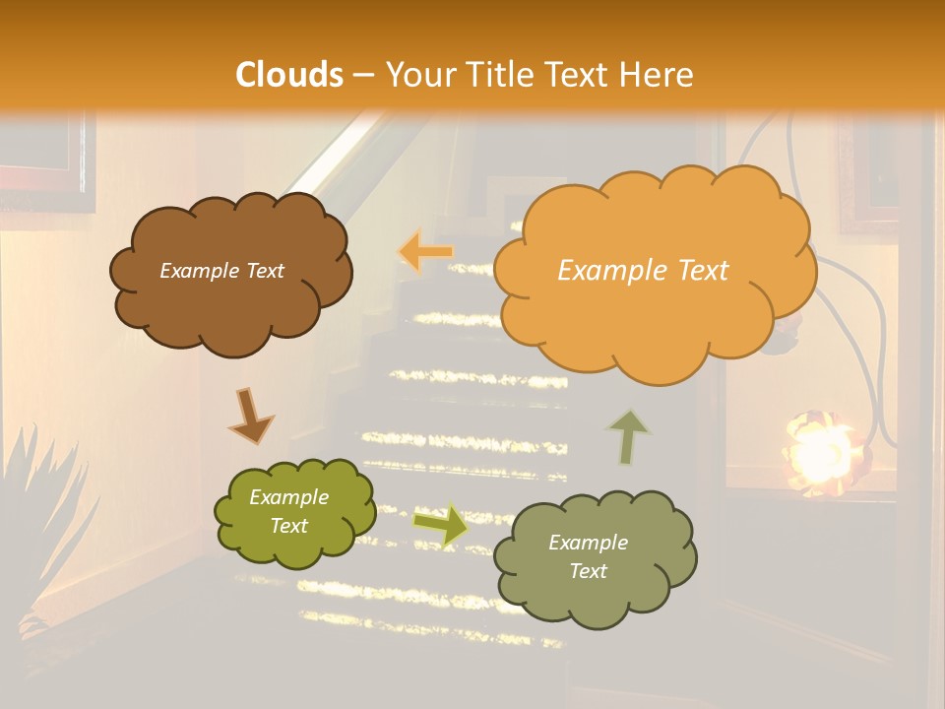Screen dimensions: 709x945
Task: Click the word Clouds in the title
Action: point(289,75)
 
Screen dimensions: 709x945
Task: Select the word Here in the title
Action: point(659,75)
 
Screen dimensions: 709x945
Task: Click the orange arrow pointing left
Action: point(426,252)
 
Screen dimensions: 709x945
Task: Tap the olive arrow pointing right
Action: point(441,525)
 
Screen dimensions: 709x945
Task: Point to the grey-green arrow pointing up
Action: point(628,436)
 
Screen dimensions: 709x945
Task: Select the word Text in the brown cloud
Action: point(263,271)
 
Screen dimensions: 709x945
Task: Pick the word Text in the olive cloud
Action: point(289,526)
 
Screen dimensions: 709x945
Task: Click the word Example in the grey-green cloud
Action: point(588,543)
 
